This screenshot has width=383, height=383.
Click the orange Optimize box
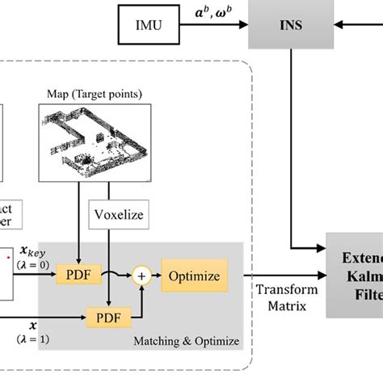click(194, 276)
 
